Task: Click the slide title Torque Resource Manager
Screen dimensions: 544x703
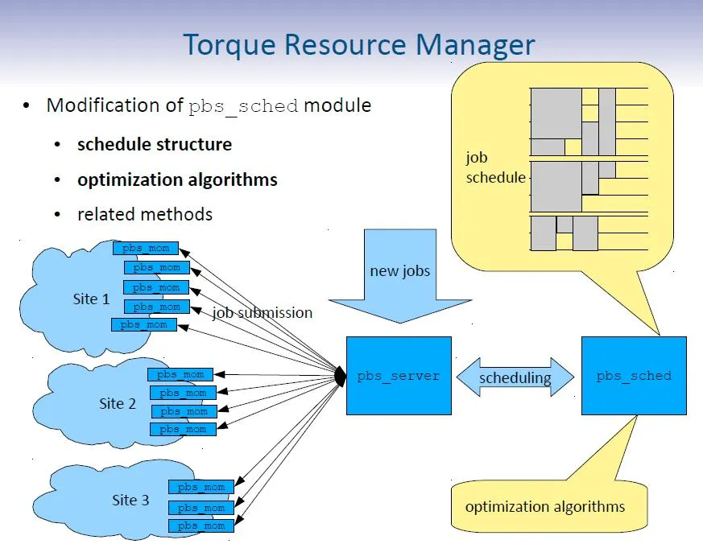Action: coord(358,44)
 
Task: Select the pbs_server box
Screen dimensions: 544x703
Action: coord(399,376)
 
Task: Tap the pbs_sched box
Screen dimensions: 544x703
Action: coord(634,376)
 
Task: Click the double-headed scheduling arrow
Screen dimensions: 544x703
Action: coord(515,377)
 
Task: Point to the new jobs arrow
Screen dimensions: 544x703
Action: coord(400,274)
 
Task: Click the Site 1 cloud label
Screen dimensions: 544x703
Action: coord(91,299)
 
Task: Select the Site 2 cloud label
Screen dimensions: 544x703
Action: coord(118,403)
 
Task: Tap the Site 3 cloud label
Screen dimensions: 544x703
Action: coord(130,500)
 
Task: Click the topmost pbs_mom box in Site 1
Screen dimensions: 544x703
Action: coord(146,249)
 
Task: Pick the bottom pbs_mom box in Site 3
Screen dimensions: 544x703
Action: coord(201,525)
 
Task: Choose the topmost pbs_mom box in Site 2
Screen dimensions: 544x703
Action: coord(180,374)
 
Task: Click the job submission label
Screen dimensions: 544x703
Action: coord(263,313)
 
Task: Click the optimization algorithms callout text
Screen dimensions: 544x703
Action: coord(545,506)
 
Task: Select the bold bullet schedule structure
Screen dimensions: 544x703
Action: coord(155,145)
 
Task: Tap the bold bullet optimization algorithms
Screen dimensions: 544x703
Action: coord(177,179)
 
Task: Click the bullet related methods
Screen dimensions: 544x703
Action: coord(145,214)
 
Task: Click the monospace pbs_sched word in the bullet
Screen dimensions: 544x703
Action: coord(243,106)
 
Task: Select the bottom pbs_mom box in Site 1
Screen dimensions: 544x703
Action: coord(143,325)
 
